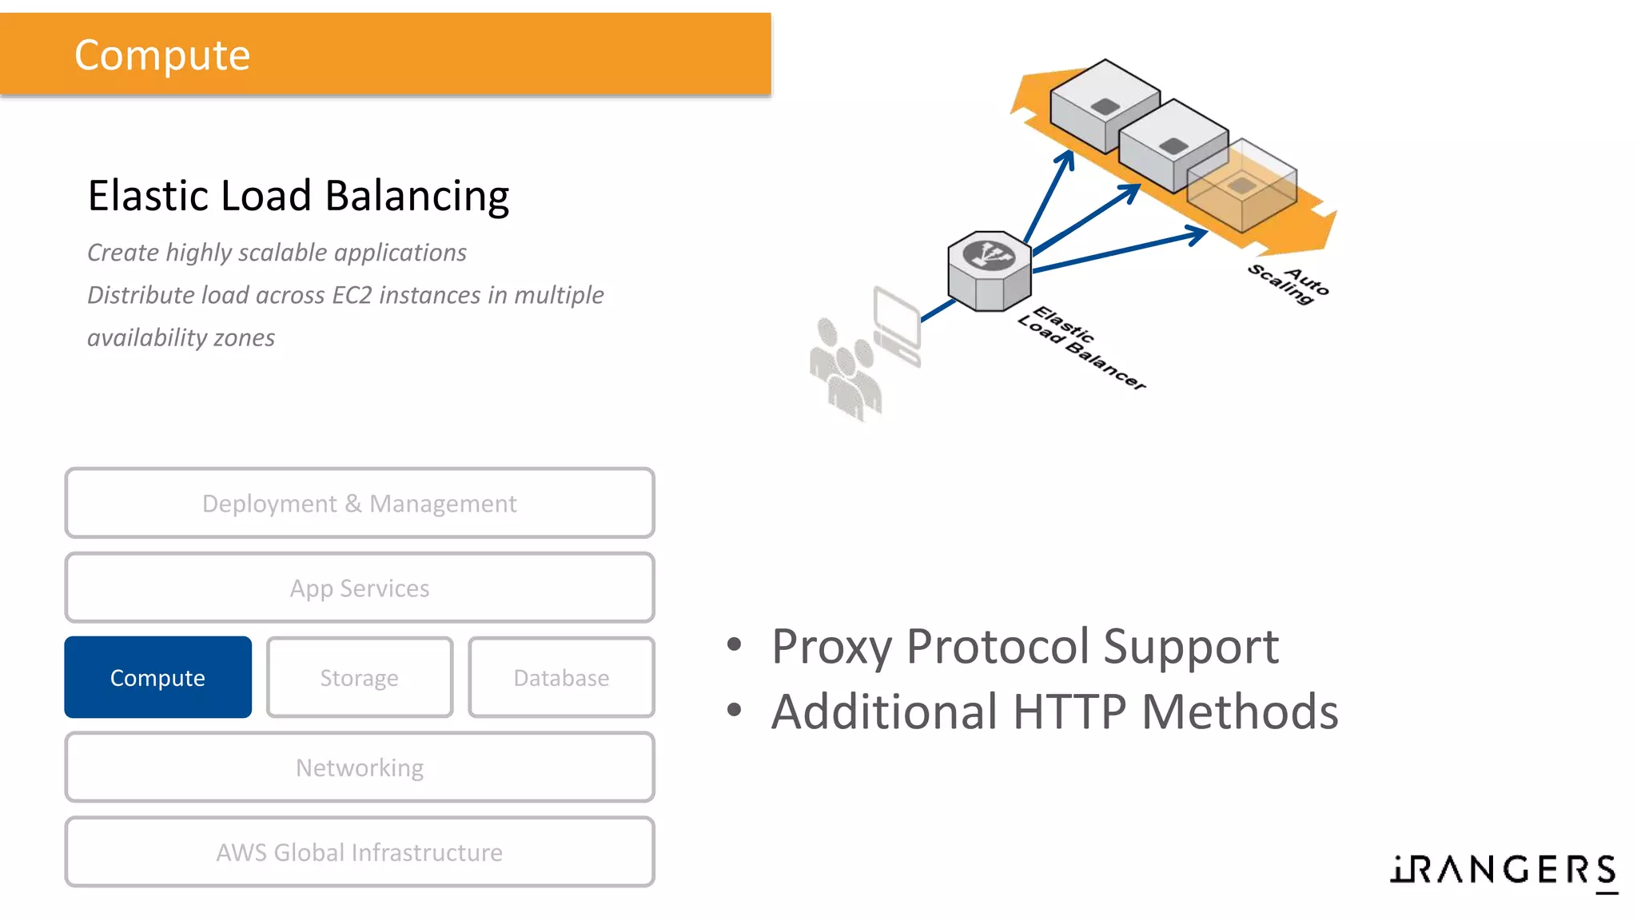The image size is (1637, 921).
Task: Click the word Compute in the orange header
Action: [162, 55]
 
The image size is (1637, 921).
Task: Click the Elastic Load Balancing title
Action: [298, 196]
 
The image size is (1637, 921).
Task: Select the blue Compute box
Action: [157, 677]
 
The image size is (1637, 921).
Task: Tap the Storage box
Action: [359, 677]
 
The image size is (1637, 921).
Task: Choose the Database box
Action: [561, 677]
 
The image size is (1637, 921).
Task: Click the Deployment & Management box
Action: [359, 503]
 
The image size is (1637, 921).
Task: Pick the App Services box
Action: [359, 588]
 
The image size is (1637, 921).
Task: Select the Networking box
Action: [359, 767]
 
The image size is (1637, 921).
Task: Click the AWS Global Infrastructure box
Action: [359, 851]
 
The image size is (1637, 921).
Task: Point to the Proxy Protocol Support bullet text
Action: [1025, 646]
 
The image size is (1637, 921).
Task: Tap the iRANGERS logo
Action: [1504, 870]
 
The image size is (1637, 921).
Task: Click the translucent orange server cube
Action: [1241, 185]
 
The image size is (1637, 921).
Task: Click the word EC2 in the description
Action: [352, 295]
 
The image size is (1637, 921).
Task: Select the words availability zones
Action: [181, 337]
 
